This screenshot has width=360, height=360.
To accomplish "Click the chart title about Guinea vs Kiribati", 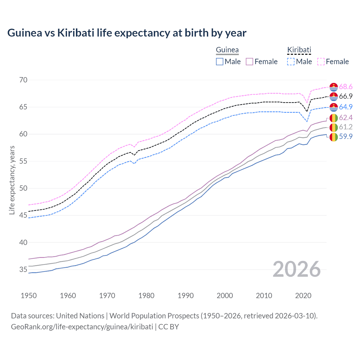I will click(x=127, y=33).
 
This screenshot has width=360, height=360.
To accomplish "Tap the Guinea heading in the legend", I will click(x=227, y=50).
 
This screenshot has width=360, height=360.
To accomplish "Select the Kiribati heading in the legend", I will click(x=299, y=50).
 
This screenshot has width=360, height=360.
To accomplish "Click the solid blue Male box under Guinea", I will click(x=220, y=62).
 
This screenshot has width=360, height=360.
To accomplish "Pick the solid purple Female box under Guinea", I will click(x=249, y=62).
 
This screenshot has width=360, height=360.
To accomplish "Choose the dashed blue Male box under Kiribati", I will click(x=291, y=62).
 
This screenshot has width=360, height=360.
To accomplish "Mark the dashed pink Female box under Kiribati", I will click(x=321, y=62).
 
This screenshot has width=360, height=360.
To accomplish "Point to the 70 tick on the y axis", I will click(x=23, y=80).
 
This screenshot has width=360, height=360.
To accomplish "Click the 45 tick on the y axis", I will click(x=23, y=215).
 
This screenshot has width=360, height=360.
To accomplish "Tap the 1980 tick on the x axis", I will click(x=146, y=296).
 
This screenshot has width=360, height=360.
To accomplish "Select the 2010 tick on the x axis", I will click(x=264, y=296).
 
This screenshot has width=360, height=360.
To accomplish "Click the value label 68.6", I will click(x=346, y=87).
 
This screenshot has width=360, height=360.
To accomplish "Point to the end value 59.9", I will click(x=346, y=137).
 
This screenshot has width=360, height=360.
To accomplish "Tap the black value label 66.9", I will click(x=346, y=96).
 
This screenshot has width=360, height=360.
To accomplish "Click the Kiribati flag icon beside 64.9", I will click(x=334, y=107).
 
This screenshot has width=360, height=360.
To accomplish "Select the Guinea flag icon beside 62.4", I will click(x=334, y=118).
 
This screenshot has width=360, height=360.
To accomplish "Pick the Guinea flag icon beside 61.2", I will click(x=334, y=127).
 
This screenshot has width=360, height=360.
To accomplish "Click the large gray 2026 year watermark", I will click(x=297, y=269).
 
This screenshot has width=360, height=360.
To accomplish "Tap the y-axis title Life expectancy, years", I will click(x=12, y=180).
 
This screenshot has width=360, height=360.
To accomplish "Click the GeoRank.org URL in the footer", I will click(x=82, y=327).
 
